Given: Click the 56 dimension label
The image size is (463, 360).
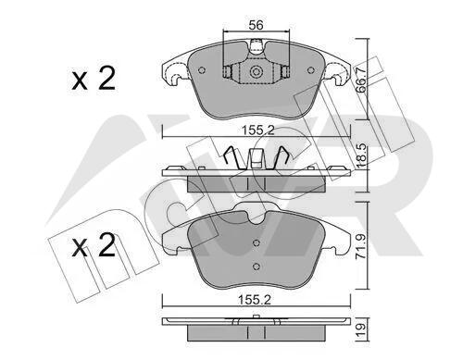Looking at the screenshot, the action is click(256, 25).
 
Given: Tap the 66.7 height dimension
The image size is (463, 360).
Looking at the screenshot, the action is click(361, 80).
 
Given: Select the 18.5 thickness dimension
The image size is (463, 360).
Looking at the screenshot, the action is click(361, 155).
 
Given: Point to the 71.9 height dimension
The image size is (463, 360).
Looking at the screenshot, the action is click(361, 246).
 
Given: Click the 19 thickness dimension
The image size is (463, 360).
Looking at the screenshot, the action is click(361, 329).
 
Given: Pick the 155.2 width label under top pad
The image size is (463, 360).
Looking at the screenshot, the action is click(257, 130).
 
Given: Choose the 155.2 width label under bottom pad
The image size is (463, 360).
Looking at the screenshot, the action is click(255, 299).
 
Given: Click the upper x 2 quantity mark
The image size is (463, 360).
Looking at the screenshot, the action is click(94, 79).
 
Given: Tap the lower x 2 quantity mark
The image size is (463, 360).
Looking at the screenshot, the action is click(94, 245).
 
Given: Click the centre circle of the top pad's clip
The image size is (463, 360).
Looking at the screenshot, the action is click(256, 72).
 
